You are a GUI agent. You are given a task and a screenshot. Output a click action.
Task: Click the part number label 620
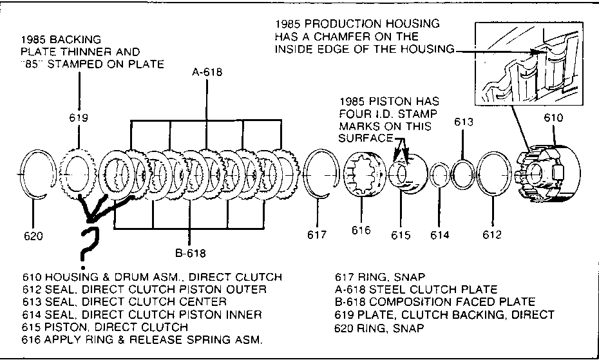click(x=33, y=236)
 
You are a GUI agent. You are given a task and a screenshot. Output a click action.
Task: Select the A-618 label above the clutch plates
click(x=207, y=72)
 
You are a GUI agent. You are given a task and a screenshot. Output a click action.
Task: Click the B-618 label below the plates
click(x=189, y=252)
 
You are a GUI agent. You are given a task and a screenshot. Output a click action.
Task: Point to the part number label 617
click(x=317, y=235)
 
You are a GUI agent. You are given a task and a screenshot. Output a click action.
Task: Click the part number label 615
click(x=401, y=235)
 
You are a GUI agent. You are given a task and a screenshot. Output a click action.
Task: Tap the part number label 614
click(x=440, y=235)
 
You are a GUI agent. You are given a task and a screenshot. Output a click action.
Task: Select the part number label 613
click(x=464, y=122)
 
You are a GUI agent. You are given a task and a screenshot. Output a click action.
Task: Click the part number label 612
click(x=491, y=235)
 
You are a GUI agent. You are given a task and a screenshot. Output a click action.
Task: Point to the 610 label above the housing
click(x=553, y=118)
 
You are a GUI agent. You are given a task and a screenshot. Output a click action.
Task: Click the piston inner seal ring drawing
click(x=440, y=176)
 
